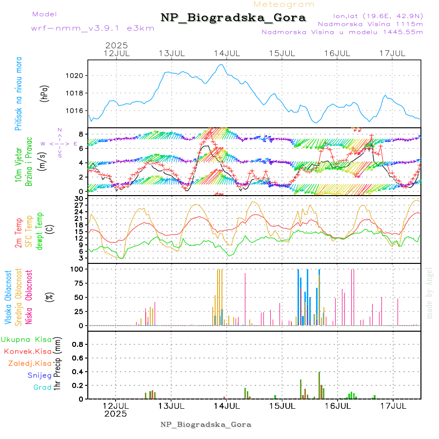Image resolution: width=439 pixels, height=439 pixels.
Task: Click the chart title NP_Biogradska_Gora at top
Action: click(233, 18)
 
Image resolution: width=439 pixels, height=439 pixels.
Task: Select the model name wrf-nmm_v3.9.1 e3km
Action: click(93, 28)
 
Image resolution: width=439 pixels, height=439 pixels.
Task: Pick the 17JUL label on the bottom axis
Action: click(393, 406)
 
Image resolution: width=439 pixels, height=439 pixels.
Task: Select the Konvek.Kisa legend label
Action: click(27, 351)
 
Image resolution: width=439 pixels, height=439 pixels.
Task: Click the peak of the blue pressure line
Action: click(221, 64)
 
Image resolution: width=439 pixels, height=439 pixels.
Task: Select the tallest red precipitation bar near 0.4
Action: click(319, 385)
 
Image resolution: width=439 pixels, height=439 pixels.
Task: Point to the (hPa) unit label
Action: click(44, 93)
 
